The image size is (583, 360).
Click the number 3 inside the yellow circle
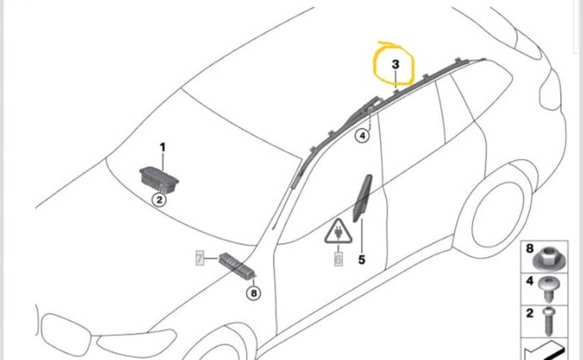coord(396,64)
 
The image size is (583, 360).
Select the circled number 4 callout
coord(362,136)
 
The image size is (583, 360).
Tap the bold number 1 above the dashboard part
coord(163,148)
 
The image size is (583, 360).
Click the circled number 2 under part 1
coord(159,199)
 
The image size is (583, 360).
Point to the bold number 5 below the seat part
coord(362,259)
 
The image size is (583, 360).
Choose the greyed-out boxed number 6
coord(338,259)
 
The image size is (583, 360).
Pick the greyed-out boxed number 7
coord(199,258)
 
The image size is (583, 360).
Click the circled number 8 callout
coord(253,293)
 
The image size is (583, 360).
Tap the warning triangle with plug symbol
coord(338,232)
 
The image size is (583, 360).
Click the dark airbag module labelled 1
coord(159,179)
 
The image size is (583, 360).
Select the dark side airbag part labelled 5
coord(362,198)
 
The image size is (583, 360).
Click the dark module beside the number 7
coord(237,264)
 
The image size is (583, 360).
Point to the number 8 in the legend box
coord(530,248)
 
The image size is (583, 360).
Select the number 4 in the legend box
coord(530,281)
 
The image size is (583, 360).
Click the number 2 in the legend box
coord(530,313)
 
